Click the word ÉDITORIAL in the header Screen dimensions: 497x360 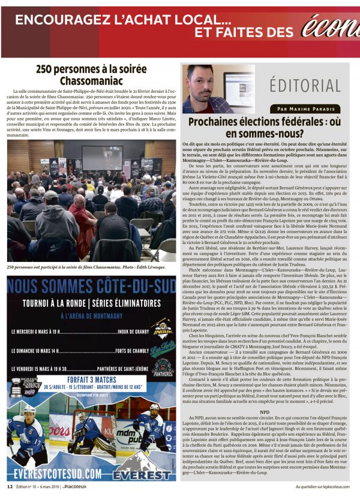tap(305, 85)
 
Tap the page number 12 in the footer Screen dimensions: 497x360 tap(10, 486)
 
